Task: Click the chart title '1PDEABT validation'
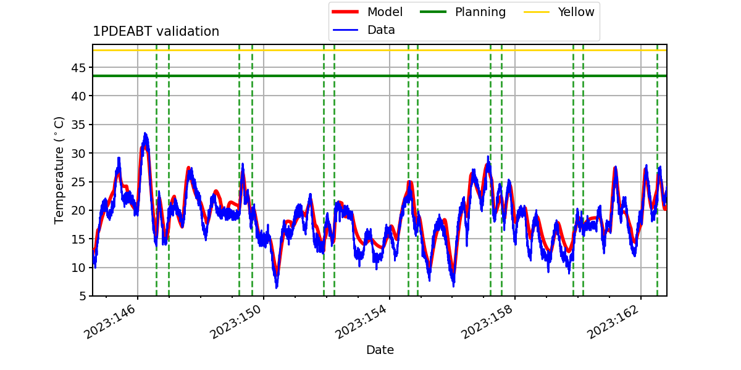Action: (156, 31)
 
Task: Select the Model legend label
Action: (385, 12)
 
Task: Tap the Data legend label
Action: (381, 30)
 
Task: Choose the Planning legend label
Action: (480, 12)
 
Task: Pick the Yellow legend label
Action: (576, 12)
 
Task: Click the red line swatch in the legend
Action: (345, 12)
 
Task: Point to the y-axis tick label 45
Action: (78, 68)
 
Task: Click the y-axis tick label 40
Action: (78, 96)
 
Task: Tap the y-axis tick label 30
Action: (78, 154)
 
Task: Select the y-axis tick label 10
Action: (78, 268)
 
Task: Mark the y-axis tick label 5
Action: (82, 296)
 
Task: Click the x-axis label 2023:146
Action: (110, 322)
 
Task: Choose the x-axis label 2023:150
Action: (236, 322)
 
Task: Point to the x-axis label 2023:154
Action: (361, 322)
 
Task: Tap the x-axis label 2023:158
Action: (487, 322)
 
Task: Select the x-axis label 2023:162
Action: (613, 322)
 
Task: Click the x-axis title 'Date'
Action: (380, 350)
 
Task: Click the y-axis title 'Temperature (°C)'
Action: (59, 170)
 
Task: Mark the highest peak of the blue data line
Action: (145, 133)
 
